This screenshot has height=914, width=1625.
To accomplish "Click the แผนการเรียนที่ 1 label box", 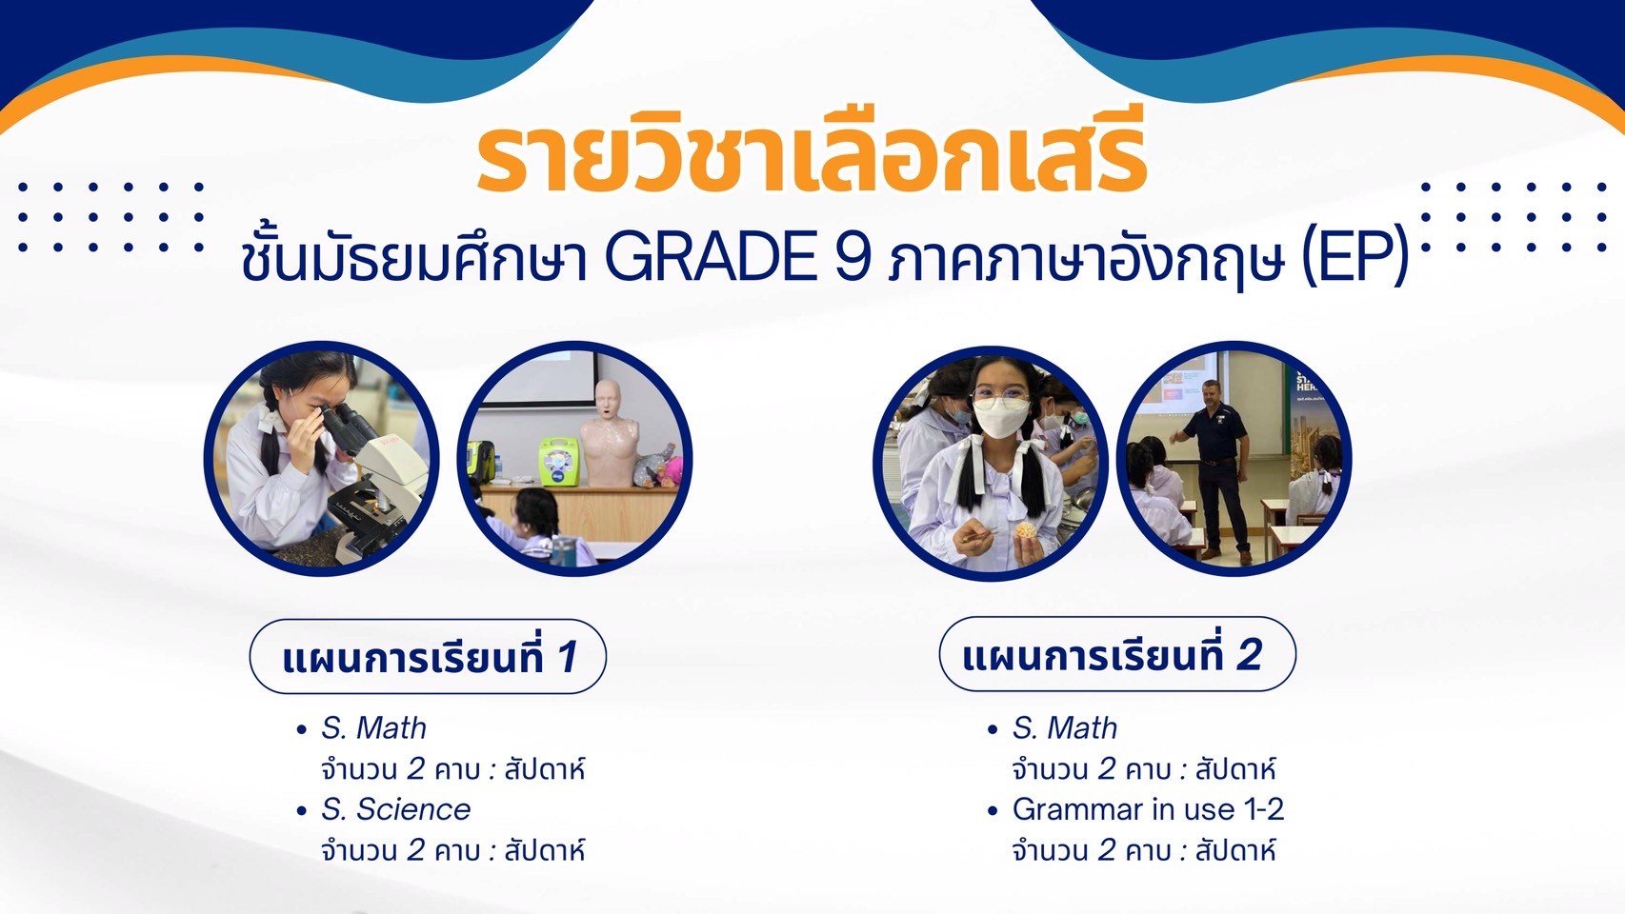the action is (x=428, y=657).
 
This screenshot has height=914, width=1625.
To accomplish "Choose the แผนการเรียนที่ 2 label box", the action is (x=1117, y=654).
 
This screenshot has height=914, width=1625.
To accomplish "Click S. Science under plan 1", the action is (x=396, y=809).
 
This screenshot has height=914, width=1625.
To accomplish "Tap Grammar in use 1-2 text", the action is (x=1149, y=809).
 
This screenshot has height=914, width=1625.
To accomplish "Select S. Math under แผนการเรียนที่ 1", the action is (x=373, y=728).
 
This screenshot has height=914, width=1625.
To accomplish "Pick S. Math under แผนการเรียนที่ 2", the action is (x=1065, y=728).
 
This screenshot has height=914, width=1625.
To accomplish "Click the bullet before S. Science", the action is (x=302, y=811).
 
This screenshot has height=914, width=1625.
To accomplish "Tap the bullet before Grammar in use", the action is (x=993, y=811).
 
